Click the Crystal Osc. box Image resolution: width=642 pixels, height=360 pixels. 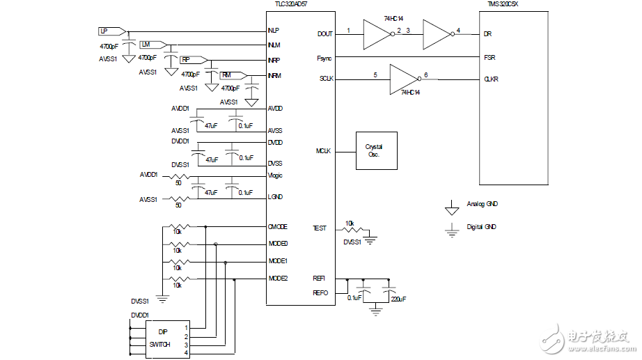click(x=377, y=151)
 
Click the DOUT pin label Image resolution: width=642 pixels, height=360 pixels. click(x=324, y=33)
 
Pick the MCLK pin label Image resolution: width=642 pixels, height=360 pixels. click(x=323, y=151)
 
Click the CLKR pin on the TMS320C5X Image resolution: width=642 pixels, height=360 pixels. click(x=491, y=79)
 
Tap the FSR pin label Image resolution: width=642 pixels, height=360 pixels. click(x=490, y=57)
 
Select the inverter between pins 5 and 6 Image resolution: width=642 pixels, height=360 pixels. click(x=402, y=79)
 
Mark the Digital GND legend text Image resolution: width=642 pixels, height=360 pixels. click(x=482, y=227)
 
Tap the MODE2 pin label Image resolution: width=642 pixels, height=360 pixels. click(x=279, y=279)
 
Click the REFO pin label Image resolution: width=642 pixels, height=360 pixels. click(x=320, y=292)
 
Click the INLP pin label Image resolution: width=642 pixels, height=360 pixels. click(x=274, y=31)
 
